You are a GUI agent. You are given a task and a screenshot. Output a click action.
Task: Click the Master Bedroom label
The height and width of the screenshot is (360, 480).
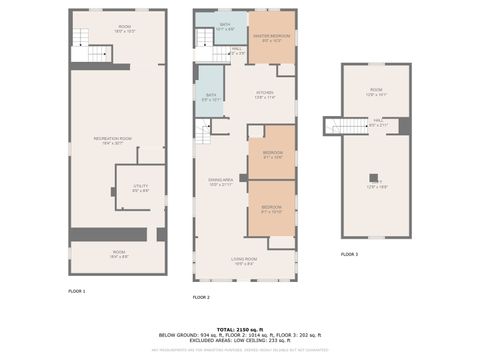pos(271,39)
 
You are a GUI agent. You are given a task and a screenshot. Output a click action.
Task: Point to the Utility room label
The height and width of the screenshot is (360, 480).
pos(141,187)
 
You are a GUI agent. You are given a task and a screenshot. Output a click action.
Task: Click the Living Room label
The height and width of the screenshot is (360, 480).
pos(244,261)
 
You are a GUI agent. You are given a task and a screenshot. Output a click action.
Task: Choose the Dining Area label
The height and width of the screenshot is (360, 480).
pos(220,182)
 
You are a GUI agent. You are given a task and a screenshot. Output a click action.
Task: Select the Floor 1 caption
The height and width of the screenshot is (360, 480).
pos(77,290)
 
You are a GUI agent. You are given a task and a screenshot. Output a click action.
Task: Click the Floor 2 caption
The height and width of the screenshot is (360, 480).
pos(201,297)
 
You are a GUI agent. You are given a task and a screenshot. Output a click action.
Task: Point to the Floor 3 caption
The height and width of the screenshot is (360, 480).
pos(349,255)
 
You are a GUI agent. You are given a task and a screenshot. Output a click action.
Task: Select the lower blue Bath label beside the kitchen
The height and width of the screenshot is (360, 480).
pos(211,97)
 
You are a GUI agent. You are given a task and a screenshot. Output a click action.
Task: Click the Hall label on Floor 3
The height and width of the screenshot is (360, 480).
pos(379,123)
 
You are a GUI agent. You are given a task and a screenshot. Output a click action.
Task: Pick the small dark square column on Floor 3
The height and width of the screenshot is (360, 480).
pos(373,177)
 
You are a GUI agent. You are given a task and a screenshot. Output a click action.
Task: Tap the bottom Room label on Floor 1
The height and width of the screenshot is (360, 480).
pos(118,253)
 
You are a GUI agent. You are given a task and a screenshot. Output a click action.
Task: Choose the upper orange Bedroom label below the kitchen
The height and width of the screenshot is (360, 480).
pos(272,155)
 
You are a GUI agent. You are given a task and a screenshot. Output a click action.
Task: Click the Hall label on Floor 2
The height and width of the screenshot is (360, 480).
pos(237,51)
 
